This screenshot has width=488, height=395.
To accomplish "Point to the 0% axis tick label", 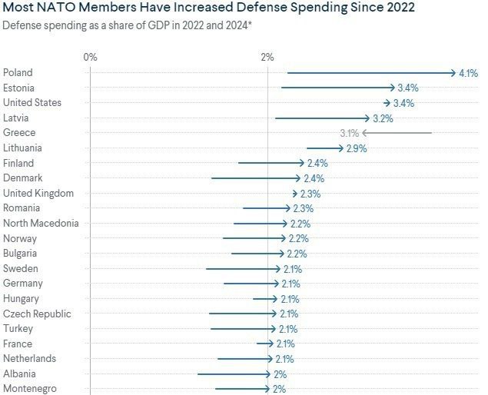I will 90,57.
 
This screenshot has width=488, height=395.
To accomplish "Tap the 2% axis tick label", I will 267,57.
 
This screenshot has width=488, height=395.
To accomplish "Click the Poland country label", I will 18,73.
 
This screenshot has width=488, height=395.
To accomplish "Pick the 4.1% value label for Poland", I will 469,74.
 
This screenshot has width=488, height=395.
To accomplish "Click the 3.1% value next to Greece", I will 350,133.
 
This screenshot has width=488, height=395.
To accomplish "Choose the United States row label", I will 32,103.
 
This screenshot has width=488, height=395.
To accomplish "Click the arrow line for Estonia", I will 338,88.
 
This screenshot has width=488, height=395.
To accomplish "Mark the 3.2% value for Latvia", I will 383,118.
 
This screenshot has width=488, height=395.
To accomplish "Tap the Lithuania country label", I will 23,148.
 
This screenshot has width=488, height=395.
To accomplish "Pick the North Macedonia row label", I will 41,223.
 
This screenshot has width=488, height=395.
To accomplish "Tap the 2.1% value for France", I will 284,344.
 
